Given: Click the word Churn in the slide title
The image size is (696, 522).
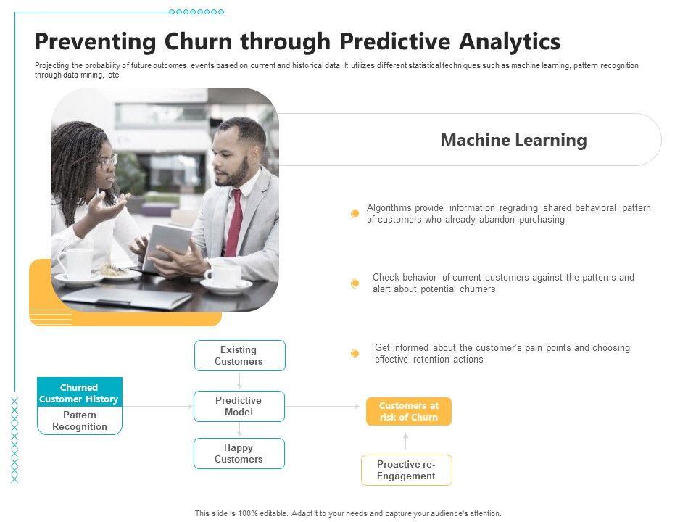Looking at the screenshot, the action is point(199,41).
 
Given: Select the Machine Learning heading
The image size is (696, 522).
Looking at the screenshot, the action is point(513,140).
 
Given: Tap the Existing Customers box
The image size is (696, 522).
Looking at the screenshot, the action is point(240,355).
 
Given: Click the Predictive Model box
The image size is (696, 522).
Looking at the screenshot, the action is point(239,406).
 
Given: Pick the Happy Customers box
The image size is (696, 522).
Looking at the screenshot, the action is point(239,453).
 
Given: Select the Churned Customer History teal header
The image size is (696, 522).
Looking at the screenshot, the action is point(80,392).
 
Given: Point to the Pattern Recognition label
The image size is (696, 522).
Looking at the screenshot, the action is point(80,420).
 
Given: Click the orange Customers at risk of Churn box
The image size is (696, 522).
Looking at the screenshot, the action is point(409,412).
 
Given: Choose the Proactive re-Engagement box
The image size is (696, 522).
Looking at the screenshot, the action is point(407,470).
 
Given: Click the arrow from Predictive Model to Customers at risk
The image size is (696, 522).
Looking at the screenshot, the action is point(322,406).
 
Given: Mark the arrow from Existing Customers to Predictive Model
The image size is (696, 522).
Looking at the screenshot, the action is point(240,381).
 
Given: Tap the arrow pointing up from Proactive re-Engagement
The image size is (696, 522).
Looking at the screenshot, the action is point(406,442).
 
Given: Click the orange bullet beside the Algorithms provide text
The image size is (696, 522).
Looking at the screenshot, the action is point(355,213).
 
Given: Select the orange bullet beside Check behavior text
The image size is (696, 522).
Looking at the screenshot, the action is point(355,283).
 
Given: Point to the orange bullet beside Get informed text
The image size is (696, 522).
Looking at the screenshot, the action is point(355,353).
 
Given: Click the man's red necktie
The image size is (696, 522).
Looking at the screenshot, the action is point(235,224).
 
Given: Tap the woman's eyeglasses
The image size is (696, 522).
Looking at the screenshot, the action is point(108,162).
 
